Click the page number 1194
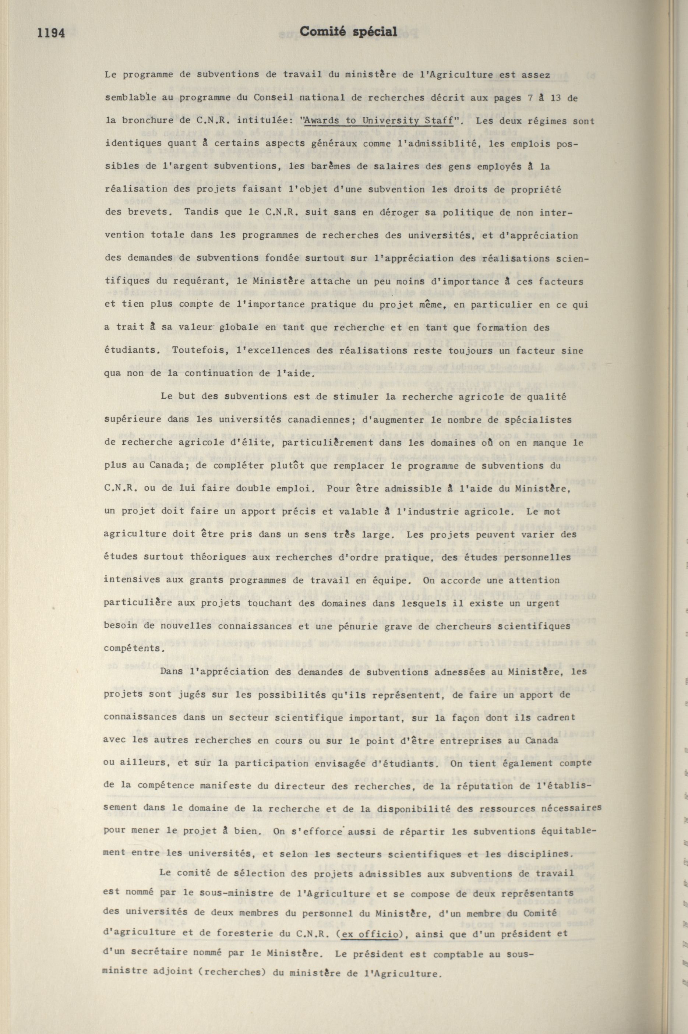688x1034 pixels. (x=51, y=33)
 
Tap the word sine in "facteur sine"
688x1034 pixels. (x=573, y=350)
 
